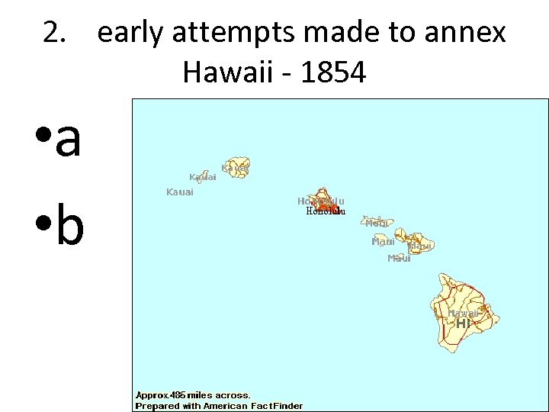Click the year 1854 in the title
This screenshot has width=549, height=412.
[x=333, y=72]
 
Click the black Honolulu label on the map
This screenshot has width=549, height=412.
[x=326, y=211]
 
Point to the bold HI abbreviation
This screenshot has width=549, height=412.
[x=464, y=323]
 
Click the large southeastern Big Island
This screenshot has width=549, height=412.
[x=462, y=305]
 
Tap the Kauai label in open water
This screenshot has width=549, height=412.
[x=180, y=192]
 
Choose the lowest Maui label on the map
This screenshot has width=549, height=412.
[x=399, y=259]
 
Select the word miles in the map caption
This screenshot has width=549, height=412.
[x=201, y=395]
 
